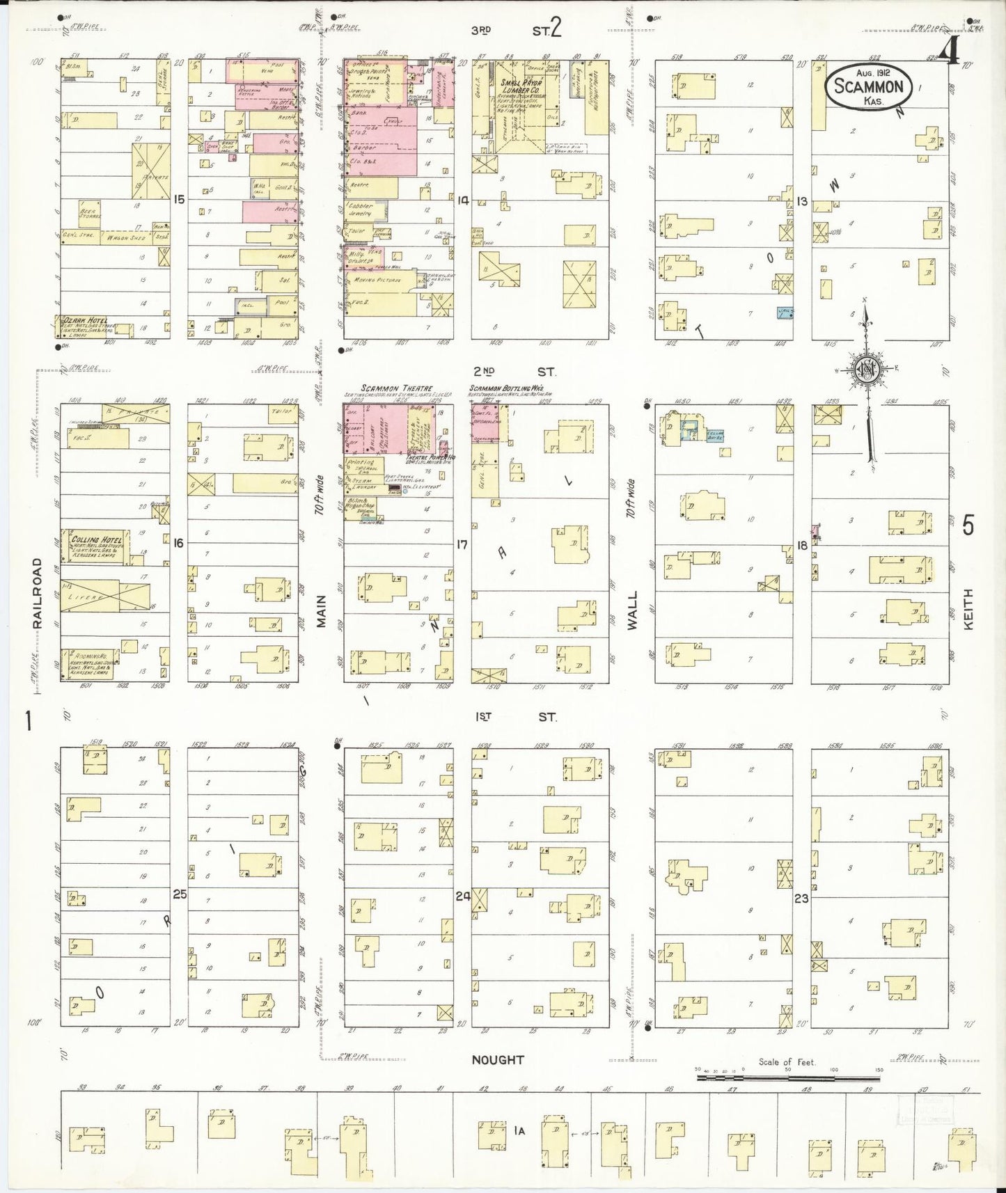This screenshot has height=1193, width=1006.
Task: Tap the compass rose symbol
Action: tap(867, 370)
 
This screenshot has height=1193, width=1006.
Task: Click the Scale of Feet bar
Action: tap(789, 1077)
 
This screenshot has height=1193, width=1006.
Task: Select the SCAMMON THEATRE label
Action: tap(396, 388)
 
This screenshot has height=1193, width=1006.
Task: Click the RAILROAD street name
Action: tap(38, 593)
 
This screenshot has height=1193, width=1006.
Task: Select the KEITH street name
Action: tap(968, 610)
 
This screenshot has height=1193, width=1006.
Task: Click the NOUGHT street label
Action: tap(497, 1060)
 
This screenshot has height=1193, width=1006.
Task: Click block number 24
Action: tap(462, 896)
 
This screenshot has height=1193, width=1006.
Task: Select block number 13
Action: tap(802, 201)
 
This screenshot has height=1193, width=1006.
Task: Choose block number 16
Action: tap(179, 543)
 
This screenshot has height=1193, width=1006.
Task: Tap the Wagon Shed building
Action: tap(125, 238)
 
